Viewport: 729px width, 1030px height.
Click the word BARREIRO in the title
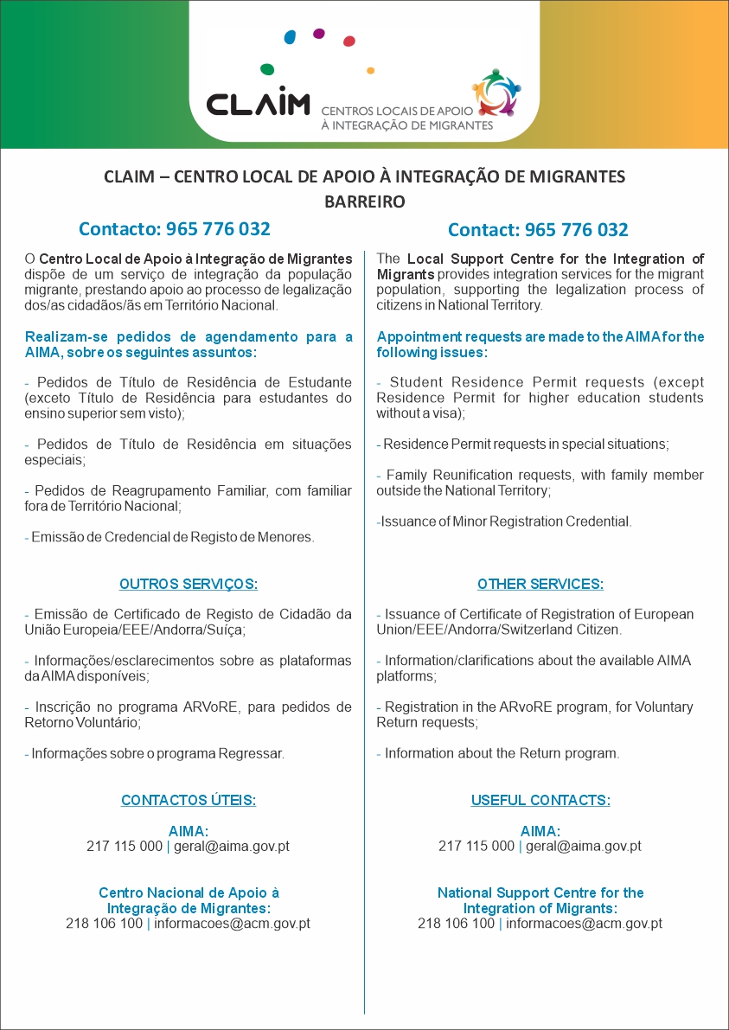click(364, 202)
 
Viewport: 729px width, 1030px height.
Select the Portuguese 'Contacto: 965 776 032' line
click(175, 229)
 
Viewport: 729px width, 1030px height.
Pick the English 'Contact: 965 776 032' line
click(538, 230)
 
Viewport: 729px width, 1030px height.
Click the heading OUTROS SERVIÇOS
click(189, 584)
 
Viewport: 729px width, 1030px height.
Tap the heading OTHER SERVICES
click(540, 584)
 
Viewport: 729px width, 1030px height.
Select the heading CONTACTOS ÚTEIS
click(189, 800)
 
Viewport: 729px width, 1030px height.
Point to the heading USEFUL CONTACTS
click(540, 800)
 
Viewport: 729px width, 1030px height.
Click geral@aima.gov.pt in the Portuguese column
click(232, 847)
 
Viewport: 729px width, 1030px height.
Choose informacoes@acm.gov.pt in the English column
click(584, 924)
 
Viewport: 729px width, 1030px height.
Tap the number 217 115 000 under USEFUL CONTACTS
click(476, 847)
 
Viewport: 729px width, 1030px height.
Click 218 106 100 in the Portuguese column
click(105, 924)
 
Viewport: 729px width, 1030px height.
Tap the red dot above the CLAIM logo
click(349, 41)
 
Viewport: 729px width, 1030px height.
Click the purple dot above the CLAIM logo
click(319, 34)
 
